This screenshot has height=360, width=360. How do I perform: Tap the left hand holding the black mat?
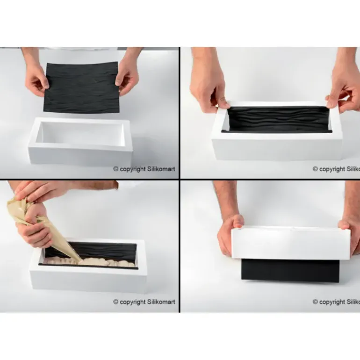coord(36,79)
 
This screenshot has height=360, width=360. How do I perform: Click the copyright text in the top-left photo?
coord(144,169)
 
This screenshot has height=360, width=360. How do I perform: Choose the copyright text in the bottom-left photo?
coord(144,302)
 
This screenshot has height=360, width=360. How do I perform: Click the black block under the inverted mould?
coord(290,271)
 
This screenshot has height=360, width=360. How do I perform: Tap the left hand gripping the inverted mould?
coord(230,234)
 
